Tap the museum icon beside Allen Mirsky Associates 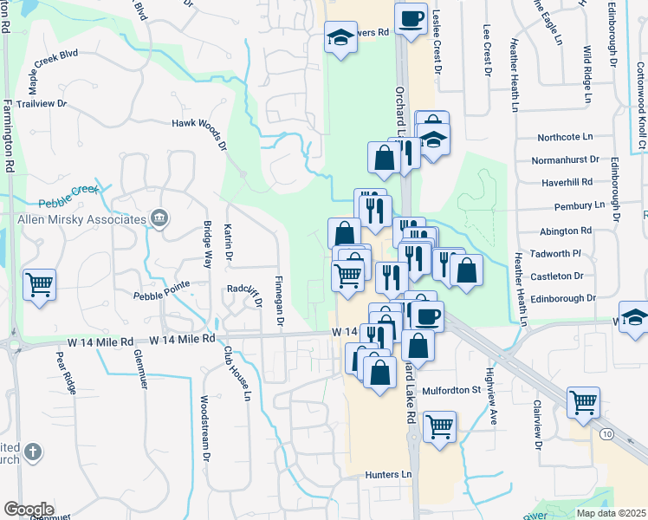(159, 219)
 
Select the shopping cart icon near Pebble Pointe (40, 283)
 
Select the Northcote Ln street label (565, 137)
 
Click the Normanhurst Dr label (565, 159)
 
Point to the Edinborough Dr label (567, 297)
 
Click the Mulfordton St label (451, 391)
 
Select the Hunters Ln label (387, 474)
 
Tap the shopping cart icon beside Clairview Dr (584, 401)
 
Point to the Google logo (29, 510)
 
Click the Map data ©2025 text (611, 513)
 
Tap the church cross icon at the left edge (32, 452)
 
